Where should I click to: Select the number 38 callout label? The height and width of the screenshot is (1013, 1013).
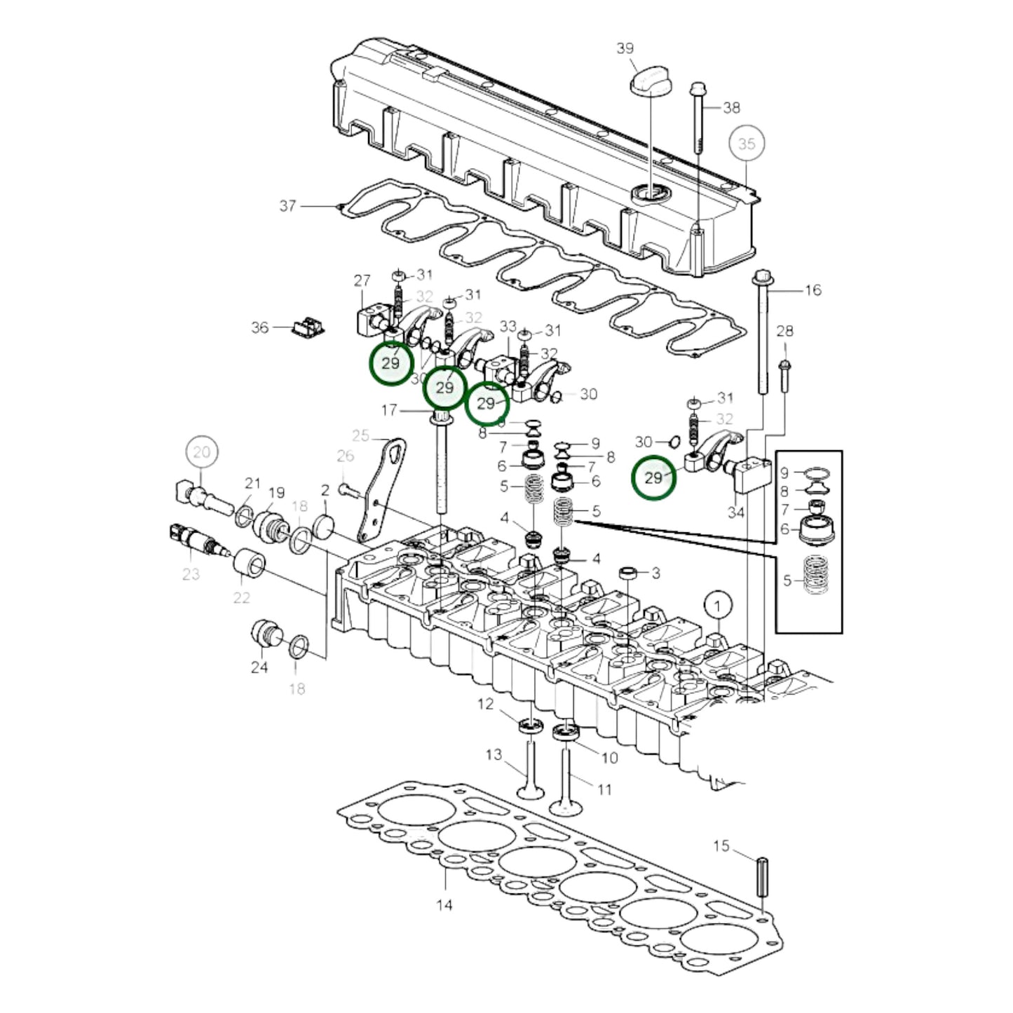pos(731,107)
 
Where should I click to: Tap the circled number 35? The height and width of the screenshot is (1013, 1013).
pos(747,144)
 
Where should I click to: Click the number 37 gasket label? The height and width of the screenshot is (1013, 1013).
pos(287,206)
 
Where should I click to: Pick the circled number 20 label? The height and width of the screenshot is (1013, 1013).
pos(201,452)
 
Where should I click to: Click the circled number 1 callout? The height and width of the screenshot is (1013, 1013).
pos(717,604)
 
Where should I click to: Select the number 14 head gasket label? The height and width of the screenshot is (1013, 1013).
pos(444,905)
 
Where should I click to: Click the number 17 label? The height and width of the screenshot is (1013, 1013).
pos(389,410)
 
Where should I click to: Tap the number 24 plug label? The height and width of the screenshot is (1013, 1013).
pos(259,667)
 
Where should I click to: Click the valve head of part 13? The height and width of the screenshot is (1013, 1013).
pos(531,793)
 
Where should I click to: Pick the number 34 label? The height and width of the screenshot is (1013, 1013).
pos(735,512)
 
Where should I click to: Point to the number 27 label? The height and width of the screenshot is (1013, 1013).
pos(362,281)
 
